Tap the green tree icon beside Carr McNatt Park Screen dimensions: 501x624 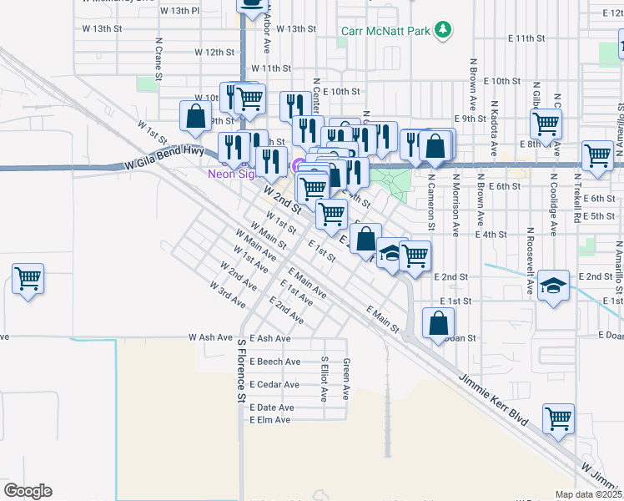click(445, 31)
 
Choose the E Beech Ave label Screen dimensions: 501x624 click(274, 362)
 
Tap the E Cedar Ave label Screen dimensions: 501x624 click(274, 385)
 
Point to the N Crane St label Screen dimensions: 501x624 click(158, 54)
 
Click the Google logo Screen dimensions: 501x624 click(28, 490)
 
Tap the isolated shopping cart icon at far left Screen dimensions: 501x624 click(28, 278)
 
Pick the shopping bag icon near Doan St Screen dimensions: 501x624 click(439, 322)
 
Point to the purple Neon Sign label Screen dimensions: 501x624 click(227, 174)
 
